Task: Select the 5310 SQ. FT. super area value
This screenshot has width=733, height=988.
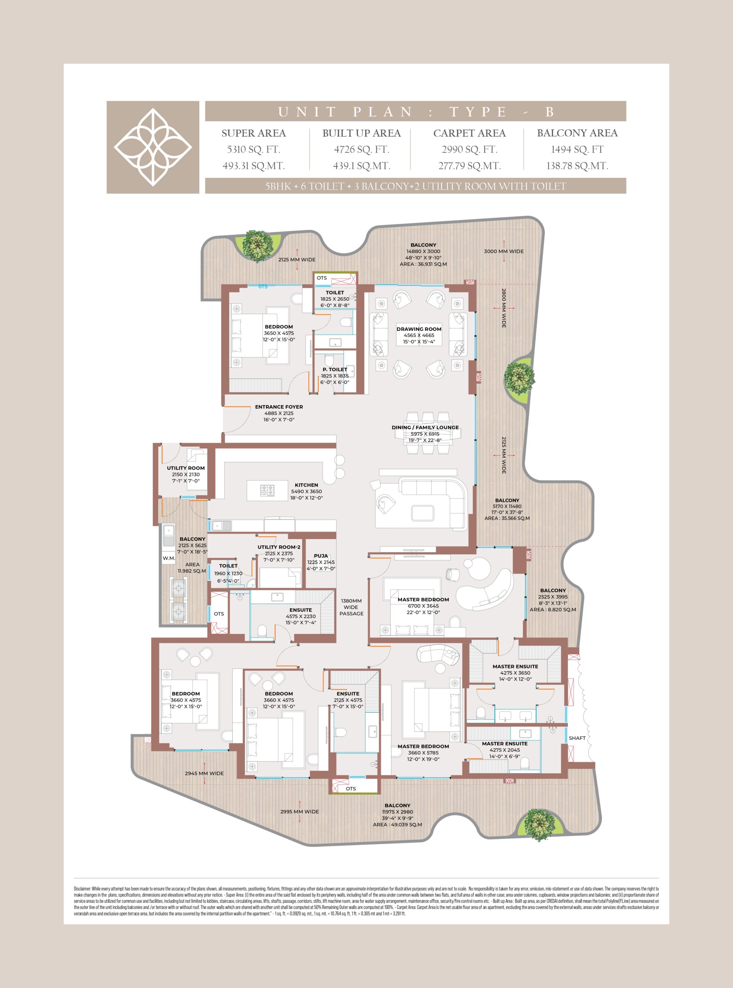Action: tap(253, 149)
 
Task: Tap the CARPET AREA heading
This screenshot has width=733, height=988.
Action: tap(469, 133)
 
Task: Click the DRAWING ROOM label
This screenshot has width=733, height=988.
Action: tap(419, 329)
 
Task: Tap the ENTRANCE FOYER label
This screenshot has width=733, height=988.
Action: tap(279, 406)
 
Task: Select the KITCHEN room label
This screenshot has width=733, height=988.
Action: tap(306, 485)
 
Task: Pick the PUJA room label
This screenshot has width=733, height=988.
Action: tap(321, 555)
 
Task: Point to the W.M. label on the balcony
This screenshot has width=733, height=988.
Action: tap(169, 558)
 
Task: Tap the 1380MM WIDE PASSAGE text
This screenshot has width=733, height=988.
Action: tap(351, 607)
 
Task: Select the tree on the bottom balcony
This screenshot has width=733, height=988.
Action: tap(540, 825)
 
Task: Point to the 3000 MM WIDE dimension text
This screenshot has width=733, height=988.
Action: tap(504, 251)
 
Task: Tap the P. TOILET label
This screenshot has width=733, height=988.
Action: tap(335, 369)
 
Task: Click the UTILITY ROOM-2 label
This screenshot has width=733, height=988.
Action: tap(279, 547)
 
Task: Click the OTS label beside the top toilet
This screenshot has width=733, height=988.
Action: tap(322, 278)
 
